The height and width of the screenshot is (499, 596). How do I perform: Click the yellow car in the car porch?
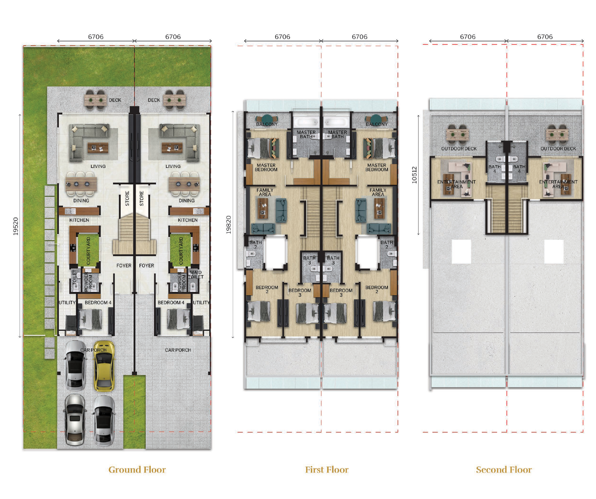tap(104, 366)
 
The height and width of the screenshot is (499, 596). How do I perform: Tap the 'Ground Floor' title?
tap(137, 470)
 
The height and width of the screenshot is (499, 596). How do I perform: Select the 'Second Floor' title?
tap(504, 470)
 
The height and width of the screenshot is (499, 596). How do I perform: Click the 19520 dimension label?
tap(16, 226)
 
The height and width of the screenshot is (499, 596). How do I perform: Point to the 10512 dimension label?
tap(414, 175)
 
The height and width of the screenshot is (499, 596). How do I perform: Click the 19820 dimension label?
tap(229, 225)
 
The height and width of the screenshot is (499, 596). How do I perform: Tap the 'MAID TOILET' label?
tap(196, 275)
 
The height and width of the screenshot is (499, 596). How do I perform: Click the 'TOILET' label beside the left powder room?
tap(74, 277)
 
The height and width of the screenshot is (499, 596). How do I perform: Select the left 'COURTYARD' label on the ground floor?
tap(88, 251)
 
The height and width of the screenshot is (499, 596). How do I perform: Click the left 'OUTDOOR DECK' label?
tap(459, 148)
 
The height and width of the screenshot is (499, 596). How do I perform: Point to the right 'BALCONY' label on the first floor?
tap(377, 124)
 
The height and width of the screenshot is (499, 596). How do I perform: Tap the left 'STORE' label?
tap(127, 198)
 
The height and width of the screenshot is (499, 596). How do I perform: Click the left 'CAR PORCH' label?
tap(93, 350)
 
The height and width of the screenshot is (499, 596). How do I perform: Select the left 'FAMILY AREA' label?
tap(265, 192)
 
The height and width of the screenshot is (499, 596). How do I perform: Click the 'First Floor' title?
tap(327, 470)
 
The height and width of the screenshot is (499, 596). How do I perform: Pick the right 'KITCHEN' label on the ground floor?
tap(187, 220)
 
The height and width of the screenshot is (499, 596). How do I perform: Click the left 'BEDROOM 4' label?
tap(98, 302)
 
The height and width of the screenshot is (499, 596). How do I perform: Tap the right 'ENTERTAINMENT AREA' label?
tap(558, 184)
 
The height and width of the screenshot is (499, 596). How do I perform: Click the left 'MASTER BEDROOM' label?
tap(266, 167)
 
